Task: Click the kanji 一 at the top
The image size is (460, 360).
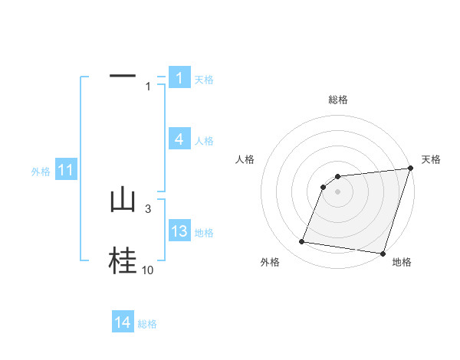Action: pos(123,76)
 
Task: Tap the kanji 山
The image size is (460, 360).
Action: pos(123,200)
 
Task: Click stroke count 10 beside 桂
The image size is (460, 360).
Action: pos(147,270)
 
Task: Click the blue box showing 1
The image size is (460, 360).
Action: pos(179,78)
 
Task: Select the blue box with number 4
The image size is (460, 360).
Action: pos(179,139)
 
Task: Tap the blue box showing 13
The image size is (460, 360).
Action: pos(179,231)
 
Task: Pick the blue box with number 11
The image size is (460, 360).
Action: pos(65,171)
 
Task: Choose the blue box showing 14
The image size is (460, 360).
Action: pos(123,323)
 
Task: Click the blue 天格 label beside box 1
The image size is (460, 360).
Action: pos(204,80)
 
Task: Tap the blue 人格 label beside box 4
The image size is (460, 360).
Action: pos(204,141)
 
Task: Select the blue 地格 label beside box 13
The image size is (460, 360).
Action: pos(204,233)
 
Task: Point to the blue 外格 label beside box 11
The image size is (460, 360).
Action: pos(41,172)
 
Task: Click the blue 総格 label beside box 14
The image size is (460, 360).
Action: pos(147,325)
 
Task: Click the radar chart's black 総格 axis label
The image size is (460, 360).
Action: pos(338,100)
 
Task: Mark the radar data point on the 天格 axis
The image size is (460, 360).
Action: pos(411,169)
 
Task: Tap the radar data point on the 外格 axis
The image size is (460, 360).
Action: pos(302,242)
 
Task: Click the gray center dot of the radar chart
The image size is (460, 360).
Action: pos(338,191)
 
